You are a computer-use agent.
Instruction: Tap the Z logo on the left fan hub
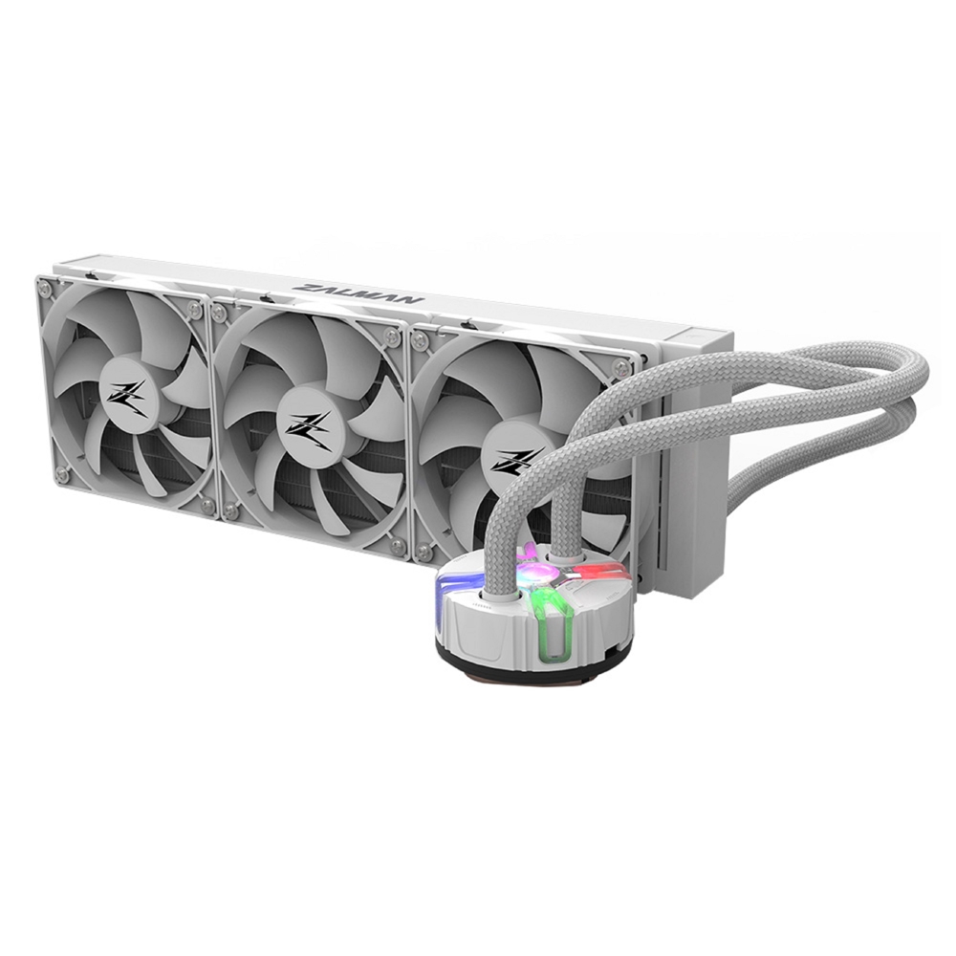127,396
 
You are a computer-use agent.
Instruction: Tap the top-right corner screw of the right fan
623,367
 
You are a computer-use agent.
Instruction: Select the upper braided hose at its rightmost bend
916,373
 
